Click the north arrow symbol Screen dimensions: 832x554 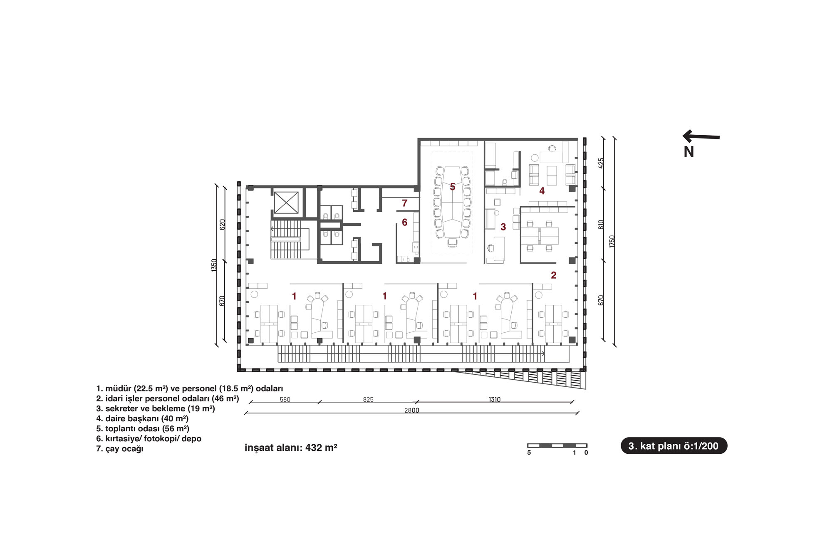[701, 136]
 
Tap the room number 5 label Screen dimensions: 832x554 [453, 187]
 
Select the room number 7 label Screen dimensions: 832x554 [405, 203]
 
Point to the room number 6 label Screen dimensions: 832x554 [405, 223]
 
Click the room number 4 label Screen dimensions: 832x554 [542, 191]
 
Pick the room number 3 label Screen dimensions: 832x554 [503, 227]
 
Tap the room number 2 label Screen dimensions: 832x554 [554, 275]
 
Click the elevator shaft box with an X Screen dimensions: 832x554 [286, 203]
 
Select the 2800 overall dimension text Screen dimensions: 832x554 [412, 411]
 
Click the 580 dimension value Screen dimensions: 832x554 [285, 400]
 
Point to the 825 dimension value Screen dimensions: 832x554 [368, 400]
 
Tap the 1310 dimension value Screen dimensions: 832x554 [495, 400]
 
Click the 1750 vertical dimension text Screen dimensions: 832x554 [612, 242]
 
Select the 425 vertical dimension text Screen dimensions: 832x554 [601, 163]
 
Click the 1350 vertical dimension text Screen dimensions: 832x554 [214, 265]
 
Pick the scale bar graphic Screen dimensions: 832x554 [557, 446]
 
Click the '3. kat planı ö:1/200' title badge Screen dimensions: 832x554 [674, 446]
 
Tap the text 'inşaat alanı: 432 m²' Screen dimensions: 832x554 [291, 448]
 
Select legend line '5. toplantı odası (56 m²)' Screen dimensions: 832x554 [143, 429]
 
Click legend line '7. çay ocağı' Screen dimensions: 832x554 [120, 449]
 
